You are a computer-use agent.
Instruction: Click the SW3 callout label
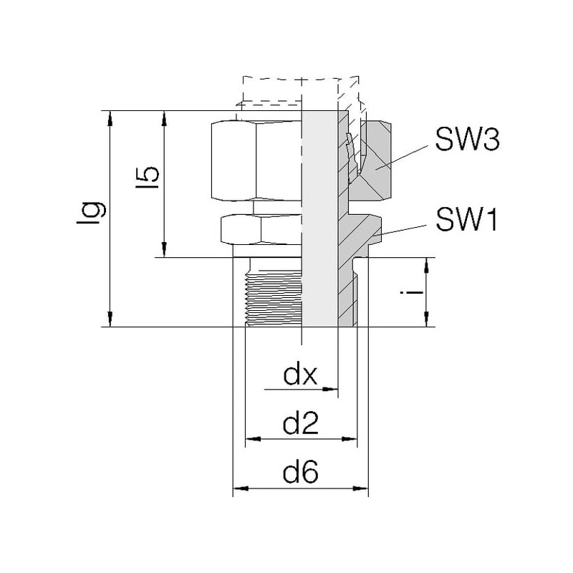pyautogui.click(x=467, y=139)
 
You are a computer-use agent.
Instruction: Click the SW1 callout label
pyautogui.click(x=466, y=220)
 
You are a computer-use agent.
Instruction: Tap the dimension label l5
pyautogui.click(x=148, y=178)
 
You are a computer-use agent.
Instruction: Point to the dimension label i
pyautogui.click(x=411, y=292)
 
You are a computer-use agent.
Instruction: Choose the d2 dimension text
pyautogui.click(x=300, y=423)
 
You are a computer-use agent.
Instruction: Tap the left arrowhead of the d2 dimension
pyautogui.click(x=253, y=438)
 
